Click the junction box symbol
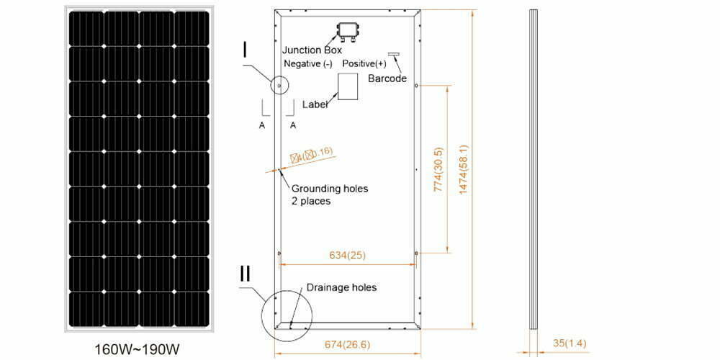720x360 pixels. (x=349, y=31)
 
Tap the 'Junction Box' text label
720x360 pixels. (x=312, y=50)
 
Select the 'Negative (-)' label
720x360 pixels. (x=307, y=64)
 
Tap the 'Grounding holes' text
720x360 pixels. (x=329, y=189)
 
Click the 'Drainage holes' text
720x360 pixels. (x=341, y=287)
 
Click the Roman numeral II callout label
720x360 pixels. (x=246, y=274)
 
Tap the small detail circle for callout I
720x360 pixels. (x=276, y=86)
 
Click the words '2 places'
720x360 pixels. (x=311, y=202)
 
